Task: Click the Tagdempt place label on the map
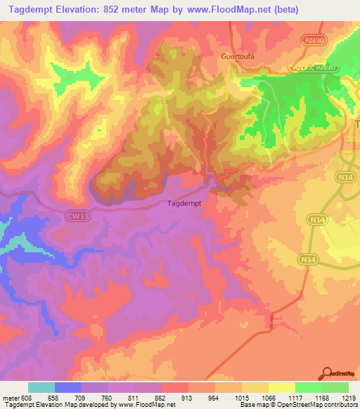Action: pyautogui.click(x=186, y=203)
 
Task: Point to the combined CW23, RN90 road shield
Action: pyautogui.click(x=314, y=67)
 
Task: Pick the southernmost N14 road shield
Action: pyautogui.click(x=306, y=259)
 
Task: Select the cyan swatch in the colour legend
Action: pyautogui.click(x=41, y=387)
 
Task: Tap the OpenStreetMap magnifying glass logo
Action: pyautogui.click(x=326, y=373)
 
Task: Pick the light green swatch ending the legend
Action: pyautogui.click(x=335, y=387)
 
